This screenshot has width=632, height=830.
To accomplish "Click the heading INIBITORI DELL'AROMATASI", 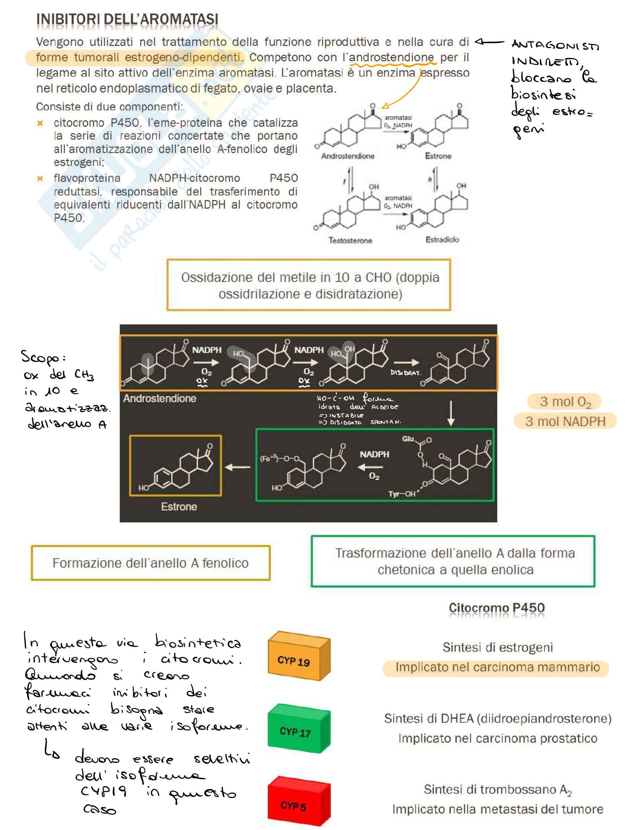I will tap(127, 19).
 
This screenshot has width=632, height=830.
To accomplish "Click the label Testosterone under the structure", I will tap(350, 240).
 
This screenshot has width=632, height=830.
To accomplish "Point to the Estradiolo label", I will tap(442, 239).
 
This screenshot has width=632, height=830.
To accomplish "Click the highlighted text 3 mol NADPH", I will tap(565, 421).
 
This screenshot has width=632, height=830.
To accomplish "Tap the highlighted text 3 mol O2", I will tap(565, 402).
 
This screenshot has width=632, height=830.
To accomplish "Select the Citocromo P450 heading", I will tap(496, 608).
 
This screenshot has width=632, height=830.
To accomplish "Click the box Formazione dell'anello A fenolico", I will tap(151, 563).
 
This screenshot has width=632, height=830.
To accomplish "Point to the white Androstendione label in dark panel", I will tap(159, 398).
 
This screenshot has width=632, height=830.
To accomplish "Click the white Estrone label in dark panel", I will tap(179, 507).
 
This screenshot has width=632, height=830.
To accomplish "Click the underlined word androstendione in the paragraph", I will tap(391, 57).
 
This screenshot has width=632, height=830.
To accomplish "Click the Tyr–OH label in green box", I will tap(402, 494).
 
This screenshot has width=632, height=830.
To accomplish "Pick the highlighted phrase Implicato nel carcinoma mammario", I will tap(497, 667).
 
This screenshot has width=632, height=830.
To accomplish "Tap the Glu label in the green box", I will tap(408, 439).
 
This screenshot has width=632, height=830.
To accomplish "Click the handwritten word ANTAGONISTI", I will tap(555, 45).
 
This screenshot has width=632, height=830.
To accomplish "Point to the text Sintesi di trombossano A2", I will tap(497, 789).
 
